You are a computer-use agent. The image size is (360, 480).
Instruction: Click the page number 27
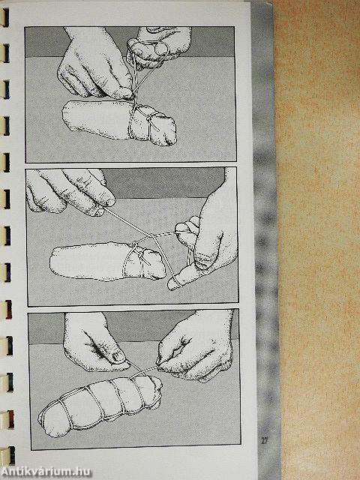265,441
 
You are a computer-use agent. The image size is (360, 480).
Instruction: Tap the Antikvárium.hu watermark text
46,472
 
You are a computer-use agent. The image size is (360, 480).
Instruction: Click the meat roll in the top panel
119,122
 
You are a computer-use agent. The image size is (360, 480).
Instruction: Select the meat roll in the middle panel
107,261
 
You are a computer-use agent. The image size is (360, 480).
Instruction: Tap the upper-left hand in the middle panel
70,191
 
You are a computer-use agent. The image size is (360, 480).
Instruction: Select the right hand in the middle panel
208,241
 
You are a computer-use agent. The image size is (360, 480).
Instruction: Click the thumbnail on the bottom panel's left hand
118,357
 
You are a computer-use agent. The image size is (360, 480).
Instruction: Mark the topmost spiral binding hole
5,17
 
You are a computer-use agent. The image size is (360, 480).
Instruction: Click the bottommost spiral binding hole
10,455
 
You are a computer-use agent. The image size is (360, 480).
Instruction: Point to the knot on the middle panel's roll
135,245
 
